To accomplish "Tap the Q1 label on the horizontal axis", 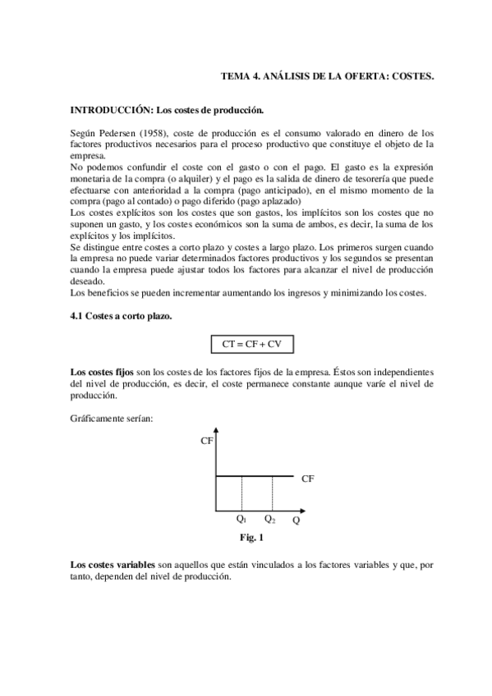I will [x=241, y=520].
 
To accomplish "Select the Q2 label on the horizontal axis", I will [x=271, y=520].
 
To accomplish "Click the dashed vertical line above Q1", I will [x=241, y=494].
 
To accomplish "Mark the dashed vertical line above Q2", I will [x=272, y=494].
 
